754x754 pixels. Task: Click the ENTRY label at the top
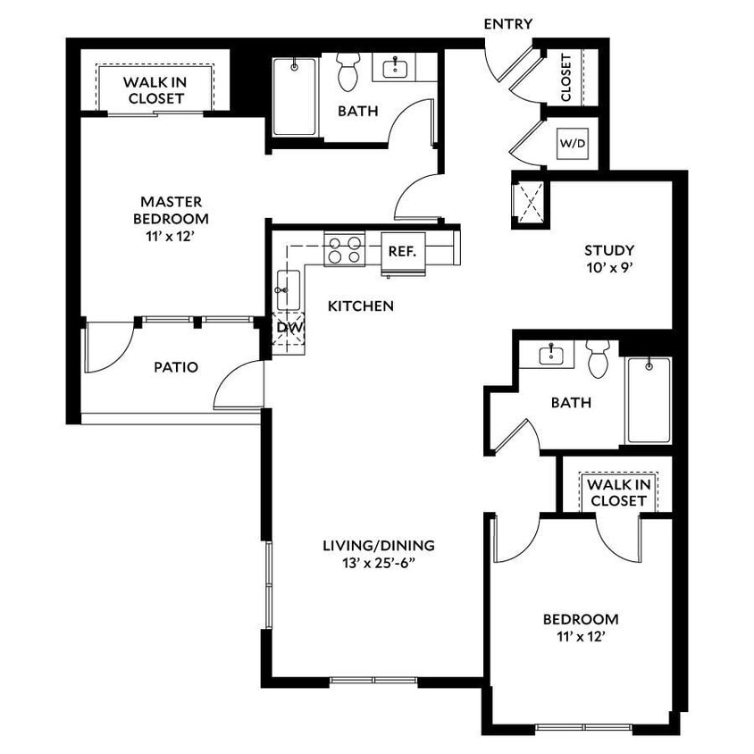507,24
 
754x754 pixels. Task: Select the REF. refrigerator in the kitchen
402,251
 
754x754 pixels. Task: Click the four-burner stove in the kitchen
345,248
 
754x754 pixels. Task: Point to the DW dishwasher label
289,327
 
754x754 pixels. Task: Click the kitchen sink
288,289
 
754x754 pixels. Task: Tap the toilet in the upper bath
348,71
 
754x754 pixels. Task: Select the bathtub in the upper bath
294,96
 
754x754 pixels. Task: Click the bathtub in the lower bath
648,399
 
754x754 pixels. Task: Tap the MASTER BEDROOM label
171,210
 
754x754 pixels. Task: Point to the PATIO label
175,366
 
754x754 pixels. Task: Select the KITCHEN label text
361,306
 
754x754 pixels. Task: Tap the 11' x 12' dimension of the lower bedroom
581,636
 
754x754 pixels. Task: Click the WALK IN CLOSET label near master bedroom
155,89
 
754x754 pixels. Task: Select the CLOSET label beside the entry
565,78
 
